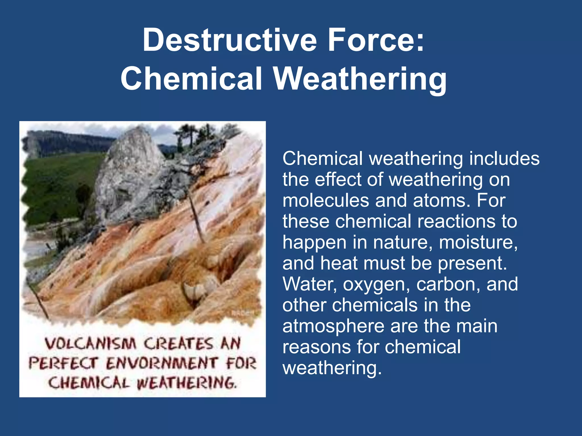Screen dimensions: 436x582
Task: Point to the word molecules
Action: click(x=325, y=200)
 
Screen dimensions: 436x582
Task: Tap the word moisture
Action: click(x=478, y=243)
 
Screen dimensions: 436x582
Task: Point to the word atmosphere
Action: click(x=333, y=326)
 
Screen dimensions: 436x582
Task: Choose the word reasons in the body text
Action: click(x=317, y=347)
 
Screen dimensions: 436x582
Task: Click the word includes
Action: click(x=504, y=158)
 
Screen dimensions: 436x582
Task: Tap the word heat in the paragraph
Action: click(x=338, y=263)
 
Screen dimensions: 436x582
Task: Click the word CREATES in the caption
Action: click(x=178, y=344)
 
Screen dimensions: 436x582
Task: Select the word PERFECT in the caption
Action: click(x=63, y=363)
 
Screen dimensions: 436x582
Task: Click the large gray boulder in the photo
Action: click(x=128, y=170)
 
